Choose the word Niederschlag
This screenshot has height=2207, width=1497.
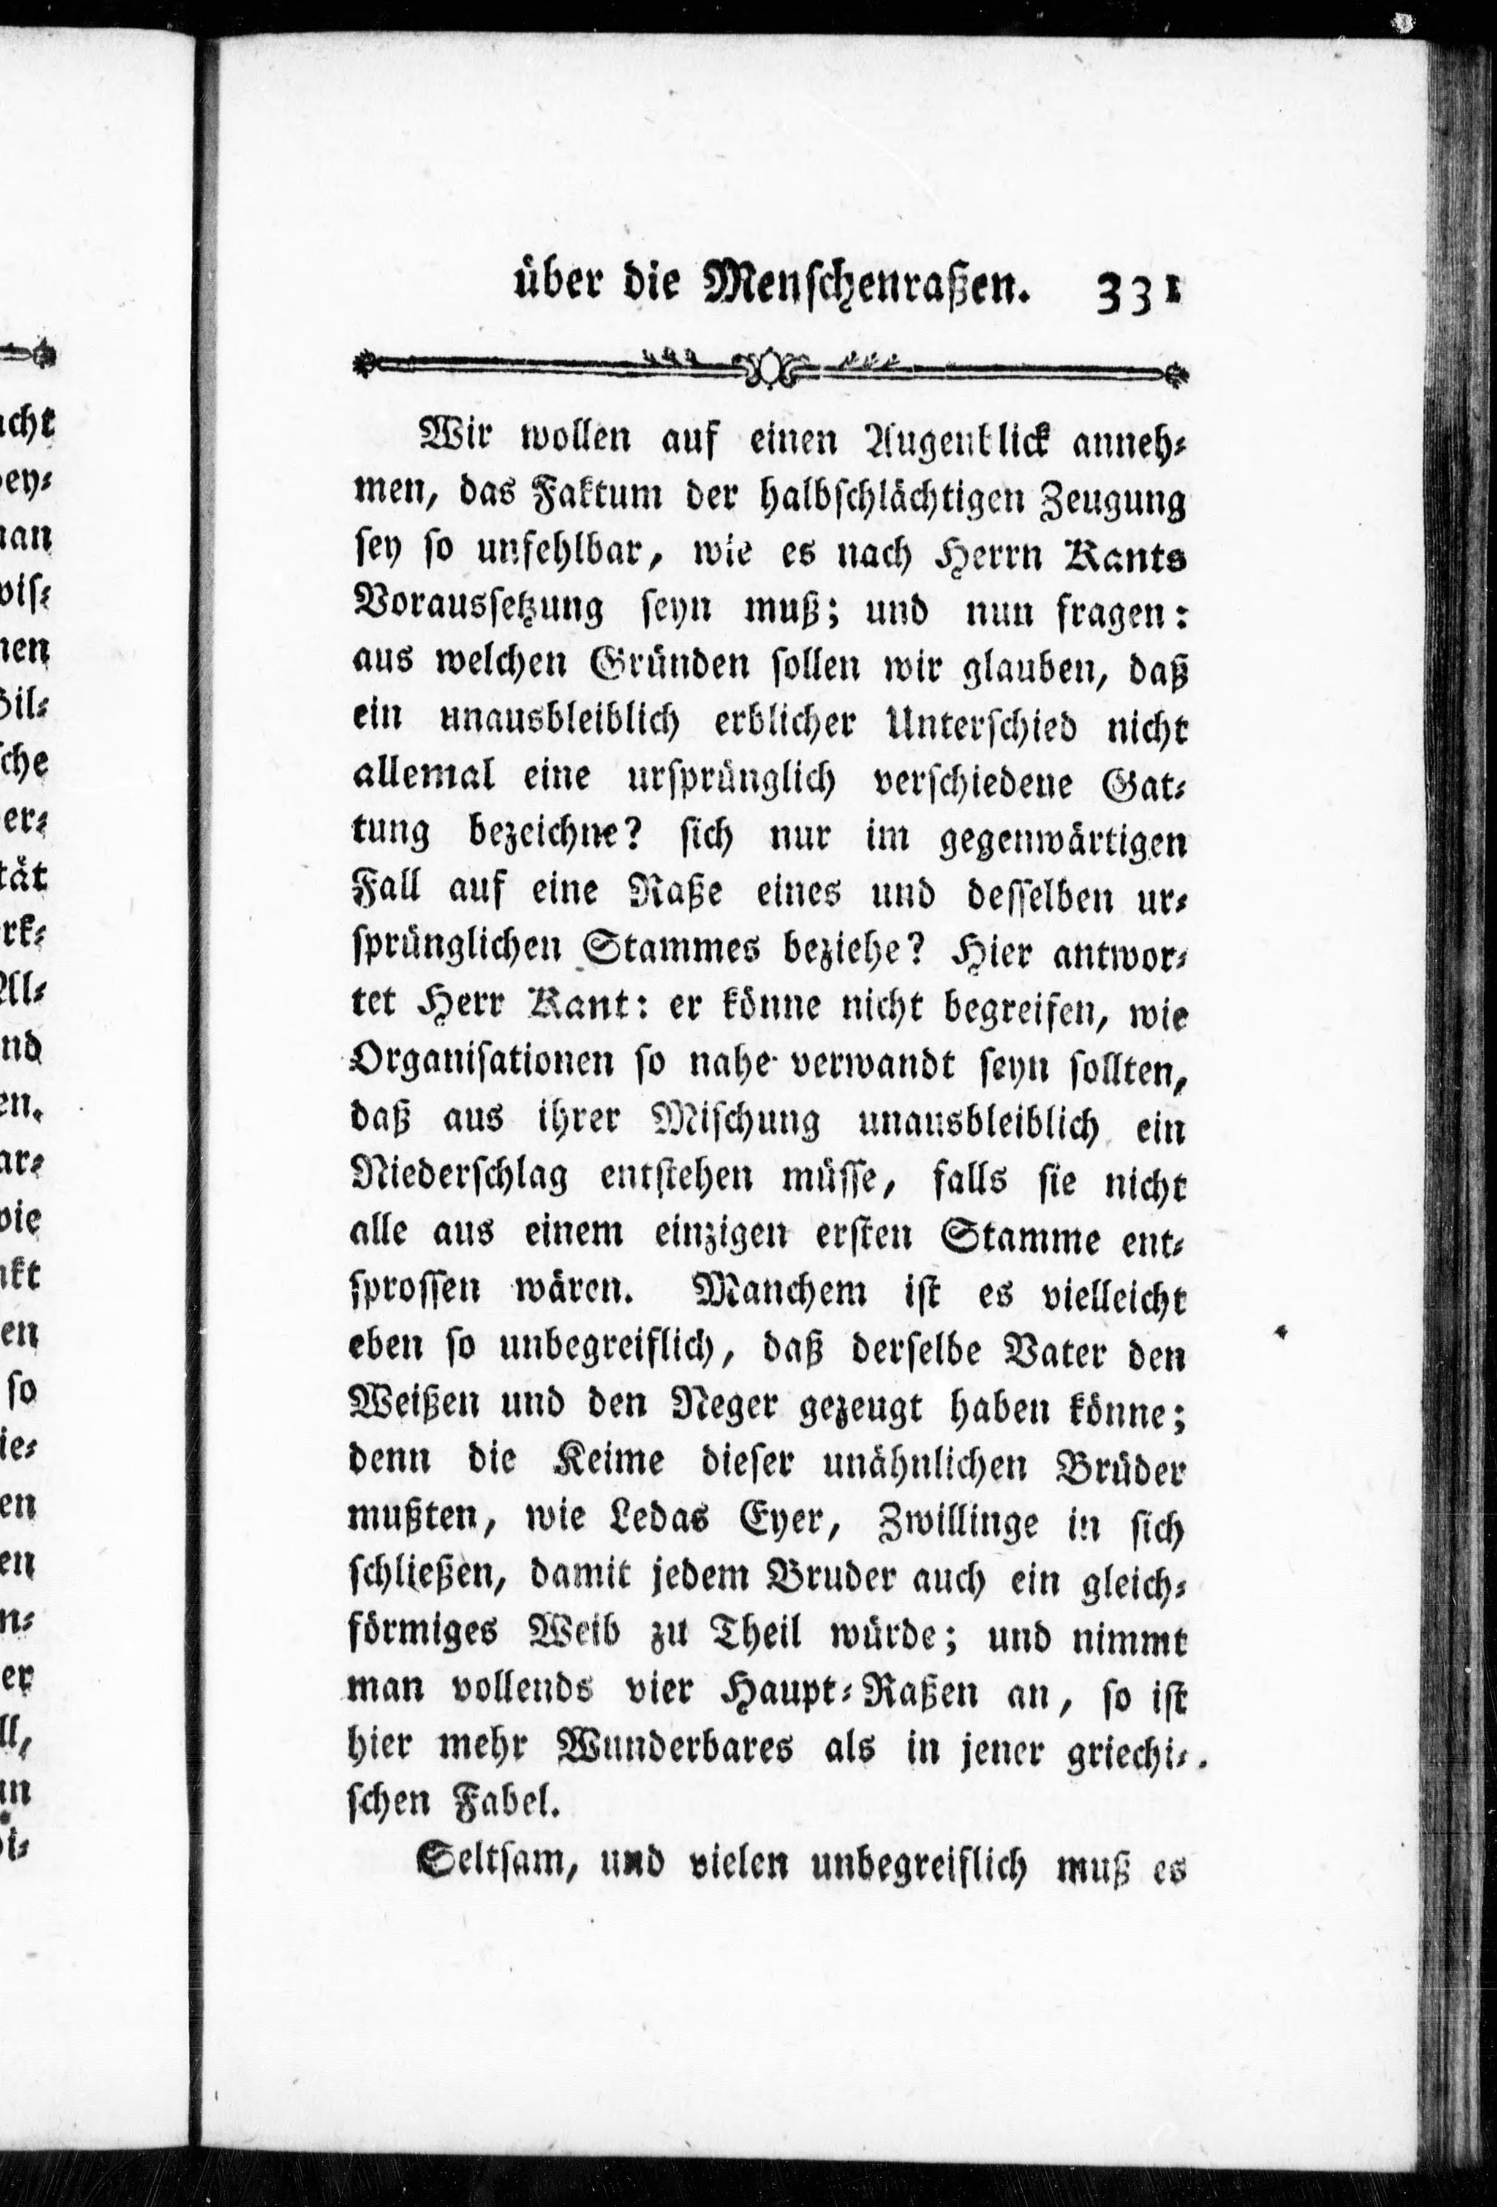point(461,1179)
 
